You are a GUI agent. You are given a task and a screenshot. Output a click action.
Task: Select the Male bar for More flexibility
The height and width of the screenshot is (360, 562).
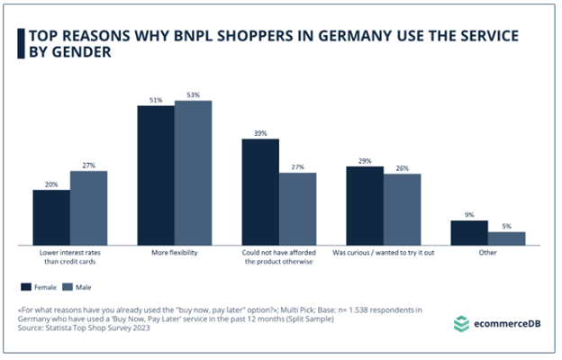point(193,173)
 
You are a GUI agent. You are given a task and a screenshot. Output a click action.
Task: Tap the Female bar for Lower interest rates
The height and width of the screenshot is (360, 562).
point(51,217)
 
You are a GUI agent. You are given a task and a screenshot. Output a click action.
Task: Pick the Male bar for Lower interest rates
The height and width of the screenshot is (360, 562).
point(88,207)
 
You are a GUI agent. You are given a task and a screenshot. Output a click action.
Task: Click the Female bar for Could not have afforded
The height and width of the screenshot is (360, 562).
point(260,192)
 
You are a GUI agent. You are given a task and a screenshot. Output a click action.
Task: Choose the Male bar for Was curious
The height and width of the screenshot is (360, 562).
point(402,209)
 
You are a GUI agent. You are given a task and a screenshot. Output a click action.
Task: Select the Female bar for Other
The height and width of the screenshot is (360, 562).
point(469,232)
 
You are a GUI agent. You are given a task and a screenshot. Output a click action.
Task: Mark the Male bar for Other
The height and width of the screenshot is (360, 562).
point(506,238)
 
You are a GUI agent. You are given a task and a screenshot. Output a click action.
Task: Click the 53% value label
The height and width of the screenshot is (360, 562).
point(193,94)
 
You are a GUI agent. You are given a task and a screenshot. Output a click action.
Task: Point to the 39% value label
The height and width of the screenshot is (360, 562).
point(260,133)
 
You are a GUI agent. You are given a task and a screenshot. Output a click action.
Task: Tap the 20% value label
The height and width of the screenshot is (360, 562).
point(51,184)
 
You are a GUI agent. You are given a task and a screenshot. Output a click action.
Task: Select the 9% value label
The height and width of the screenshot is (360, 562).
point(469,214)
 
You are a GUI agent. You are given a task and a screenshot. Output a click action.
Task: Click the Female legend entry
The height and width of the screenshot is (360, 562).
point(40,286)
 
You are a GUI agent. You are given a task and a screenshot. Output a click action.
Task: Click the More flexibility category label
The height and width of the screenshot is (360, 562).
point(174,254)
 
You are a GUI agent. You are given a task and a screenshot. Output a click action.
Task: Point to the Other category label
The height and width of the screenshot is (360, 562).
point(487,254)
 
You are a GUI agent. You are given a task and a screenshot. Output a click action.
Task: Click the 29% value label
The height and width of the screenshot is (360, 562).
point(365,159)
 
